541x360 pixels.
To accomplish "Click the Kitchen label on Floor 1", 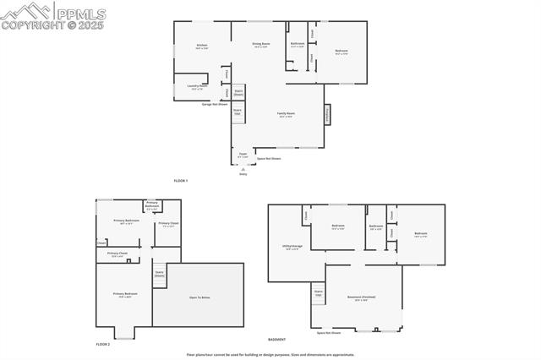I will (x=202, y=46).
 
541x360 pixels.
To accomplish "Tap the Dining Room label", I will (x=261, y=44).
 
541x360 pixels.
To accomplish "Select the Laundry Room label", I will (x=197, y=87).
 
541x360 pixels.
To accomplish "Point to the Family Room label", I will (x=286, y=114).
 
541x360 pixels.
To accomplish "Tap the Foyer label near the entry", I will (x=243, y=155).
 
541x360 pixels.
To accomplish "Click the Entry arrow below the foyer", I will (x=243, y=170).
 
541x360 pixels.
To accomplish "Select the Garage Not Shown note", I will (x=213, y=104).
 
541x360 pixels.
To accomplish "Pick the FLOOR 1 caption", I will (x=181, y=181).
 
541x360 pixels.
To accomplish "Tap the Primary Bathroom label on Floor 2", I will (x=152, y=205).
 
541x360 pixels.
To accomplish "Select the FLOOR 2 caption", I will (x=103, y=344).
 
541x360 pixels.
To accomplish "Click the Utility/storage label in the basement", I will (x=293, y=248).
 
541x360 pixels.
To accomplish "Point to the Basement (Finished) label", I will (x=363, y=297).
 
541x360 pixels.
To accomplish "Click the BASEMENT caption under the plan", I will (x=276, y=339).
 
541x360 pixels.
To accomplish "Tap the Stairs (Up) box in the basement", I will (x=319, y=292).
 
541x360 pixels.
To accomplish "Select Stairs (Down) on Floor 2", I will (x=159, y=273).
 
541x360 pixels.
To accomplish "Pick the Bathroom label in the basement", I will (x=376, y=226).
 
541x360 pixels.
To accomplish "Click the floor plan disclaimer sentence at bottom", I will (x=282, y=355).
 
